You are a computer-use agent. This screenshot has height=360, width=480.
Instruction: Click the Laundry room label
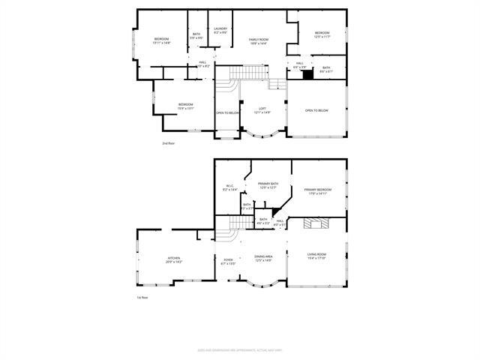coord(220,31)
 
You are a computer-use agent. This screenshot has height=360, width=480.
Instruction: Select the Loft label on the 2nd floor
coord(262,110)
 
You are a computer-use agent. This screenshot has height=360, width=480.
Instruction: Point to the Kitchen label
coord(174,260)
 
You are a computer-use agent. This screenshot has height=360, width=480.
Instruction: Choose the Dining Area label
coord(263,258)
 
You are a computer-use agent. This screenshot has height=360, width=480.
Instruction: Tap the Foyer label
coord(229,262)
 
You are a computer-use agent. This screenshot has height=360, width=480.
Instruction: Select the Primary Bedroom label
coord(318,191)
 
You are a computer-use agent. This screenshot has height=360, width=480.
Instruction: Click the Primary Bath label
coord(268,185)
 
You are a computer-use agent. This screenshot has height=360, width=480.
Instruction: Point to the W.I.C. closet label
coord(230,188)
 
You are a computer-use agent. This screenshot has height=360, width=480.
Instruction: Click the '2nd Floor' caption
coord(168,142)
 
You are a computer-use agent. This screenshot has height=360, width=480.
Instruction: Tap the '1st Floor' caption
coord(142,298)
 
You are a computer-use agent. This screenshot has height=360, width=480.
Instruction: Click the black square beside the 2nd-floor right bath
coord(307,73)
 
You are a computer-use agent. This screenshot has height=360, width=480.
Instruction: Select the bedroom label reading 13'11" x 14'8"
coord(163,40)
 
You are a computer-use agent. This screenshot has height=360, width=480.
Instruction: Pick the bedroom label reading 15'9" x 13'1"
coord(186,106)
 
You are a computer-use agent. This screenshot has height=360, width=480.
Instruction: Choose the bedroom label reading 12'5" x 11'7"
coord(322,34)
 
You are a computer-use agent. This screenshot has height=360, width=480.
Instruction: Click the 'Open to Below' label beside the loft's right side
coord(316,110)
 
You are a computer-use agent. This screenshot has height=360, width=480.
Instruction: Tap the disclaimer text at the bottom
coord(240,349)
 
